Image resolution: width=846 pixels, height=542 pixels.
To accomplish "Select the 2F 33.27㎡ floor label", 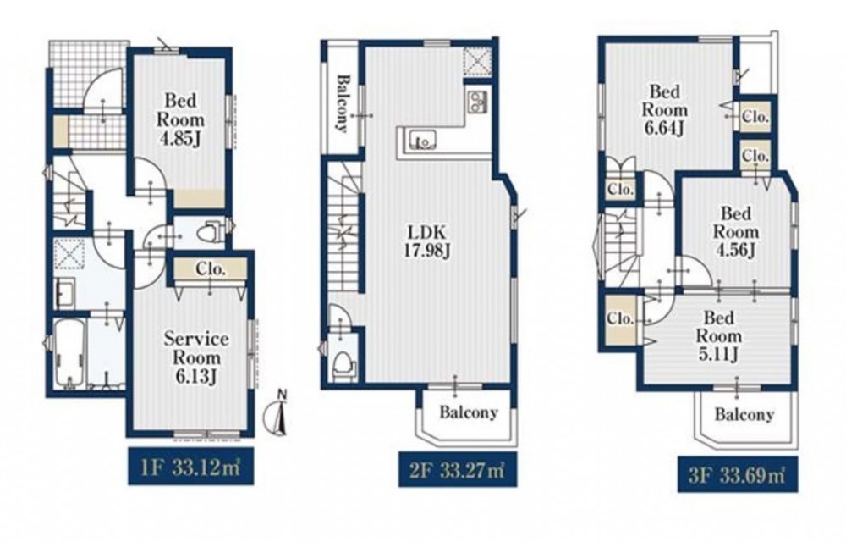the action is (459, 470).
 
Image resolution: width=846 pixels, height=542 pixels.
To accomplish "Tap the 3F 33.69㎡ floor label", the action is (738, 474).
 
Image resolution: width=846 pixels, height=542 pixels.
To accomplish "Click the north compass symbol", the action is (278, 414).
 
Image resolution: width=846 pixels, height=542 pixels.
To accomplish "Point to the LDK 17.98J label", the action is (426, 241).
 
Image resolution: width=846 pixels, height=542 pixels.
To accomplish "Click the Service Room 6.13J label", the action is (196, 357).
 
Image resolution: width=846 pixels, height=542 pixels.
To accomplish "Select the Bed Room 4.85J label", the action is (181, 119).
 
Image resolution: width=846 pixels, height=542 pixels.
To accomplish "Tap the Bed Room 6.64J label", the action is (664, 109).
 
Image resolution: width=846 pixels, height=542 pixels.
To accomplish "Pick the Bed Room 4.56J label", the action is (735, 231).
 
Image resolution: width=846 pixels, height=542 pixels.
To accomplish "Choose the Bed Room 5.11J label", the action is (718, 335).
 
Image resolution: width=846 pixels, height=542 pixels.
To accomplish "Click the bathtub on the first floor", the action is (69, 353).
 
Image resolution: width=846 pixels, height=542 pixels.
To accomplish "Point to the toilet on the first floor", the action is (211, 233).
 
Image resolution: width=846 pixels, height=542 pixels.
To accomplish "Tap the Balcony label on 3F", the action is (744, 415).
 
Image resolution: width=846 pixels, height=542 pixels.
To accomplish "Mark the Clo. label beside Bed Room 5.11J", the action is (620, 318).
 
